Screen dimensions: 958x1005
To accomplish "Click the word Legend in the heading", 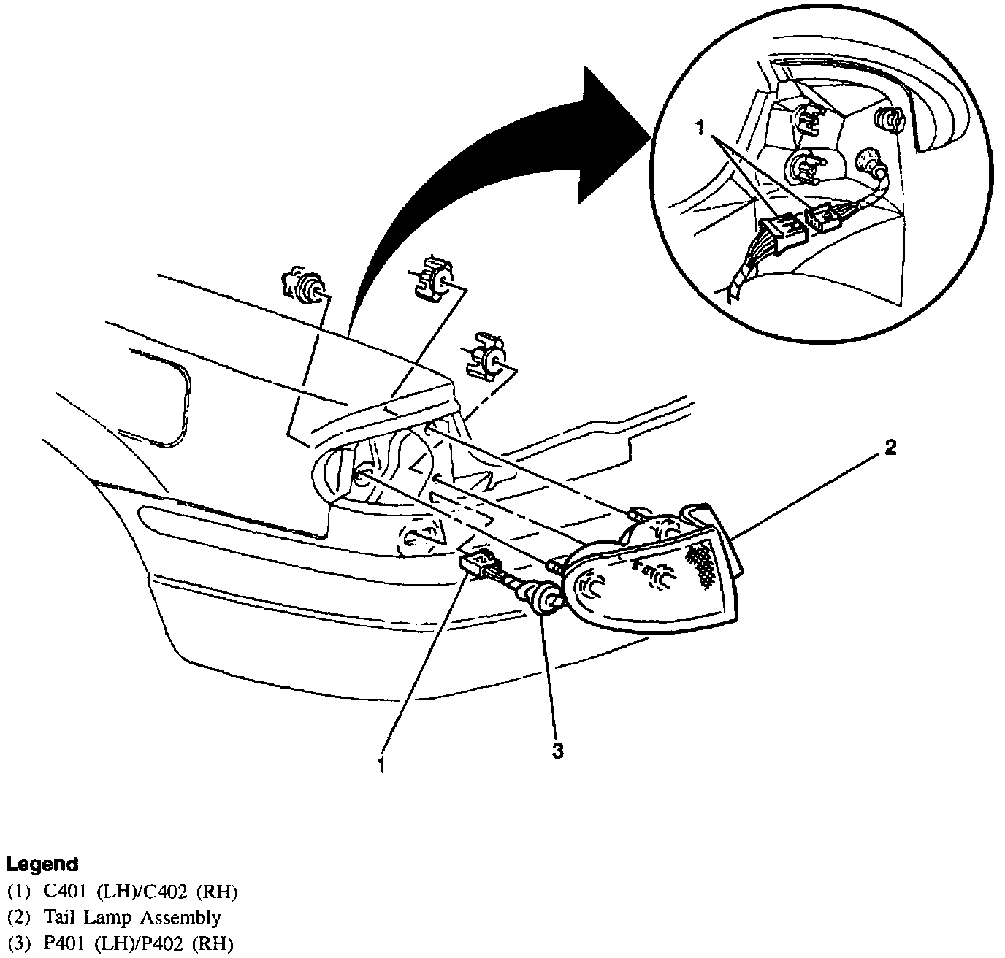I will pos(42,865).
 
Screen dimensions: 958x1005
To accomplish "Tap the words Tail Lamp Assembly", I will pos(131,918).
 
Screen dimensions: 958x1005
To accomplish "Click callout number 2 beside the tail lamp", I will pos(890,447).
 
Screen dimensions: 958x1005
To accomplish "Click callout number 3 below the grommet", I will pos(557,751).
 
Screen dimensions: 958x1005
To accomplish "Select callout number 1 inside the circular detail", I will pos(699,129).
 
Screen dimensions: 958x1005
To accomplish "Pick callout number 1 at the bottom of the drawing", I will pos(381,765).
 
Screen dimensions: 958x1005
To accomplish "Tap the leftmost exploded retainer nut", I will pos(304,285).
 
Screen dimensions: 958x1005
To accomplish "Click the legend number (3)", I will pos(18,944).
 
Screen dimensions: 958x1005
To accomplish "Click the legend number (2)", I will pos(18,918).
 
